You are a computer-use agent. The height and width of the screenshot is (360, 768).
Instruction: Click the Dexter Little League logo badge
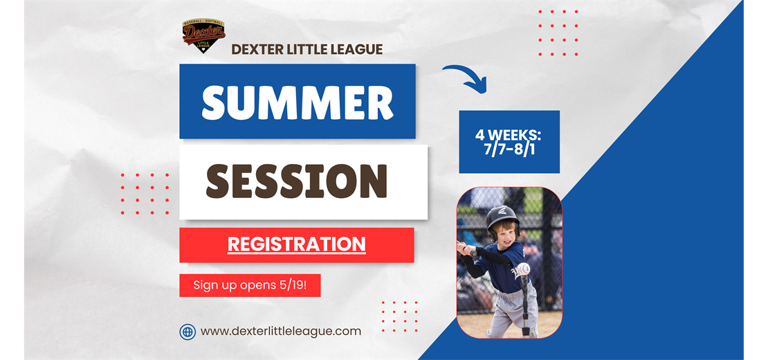tap(203, 35)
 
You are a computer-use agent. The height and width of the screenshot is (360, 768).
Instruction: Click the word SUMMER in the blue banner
tap(298, 102)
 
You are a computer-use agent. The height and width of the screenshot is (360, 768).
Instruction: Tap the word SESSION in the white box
tap(296, 181)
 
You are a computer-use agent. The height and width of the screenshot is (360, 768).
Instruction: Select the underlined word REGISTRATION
tap(296, 244)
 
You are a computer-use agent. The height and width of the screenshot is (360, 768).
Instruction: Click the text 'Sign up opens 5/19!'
tap(250, 285)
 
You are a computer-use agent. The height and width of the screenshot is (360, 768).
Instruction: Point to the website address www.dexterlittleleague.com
tap(281, 331)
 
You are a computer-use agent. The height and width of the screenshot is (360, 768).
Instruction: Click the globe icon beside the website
tap(188, 332)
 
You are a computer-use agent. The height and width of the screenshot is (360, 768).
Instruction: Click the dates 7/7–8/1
tap(509, 150)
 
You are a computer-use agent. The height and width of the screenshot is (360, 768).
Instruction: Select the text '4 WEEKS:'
tap(509, 135)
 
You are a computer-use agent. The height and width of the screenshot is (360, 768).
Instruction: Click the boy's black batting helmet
tap(502, 219)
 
